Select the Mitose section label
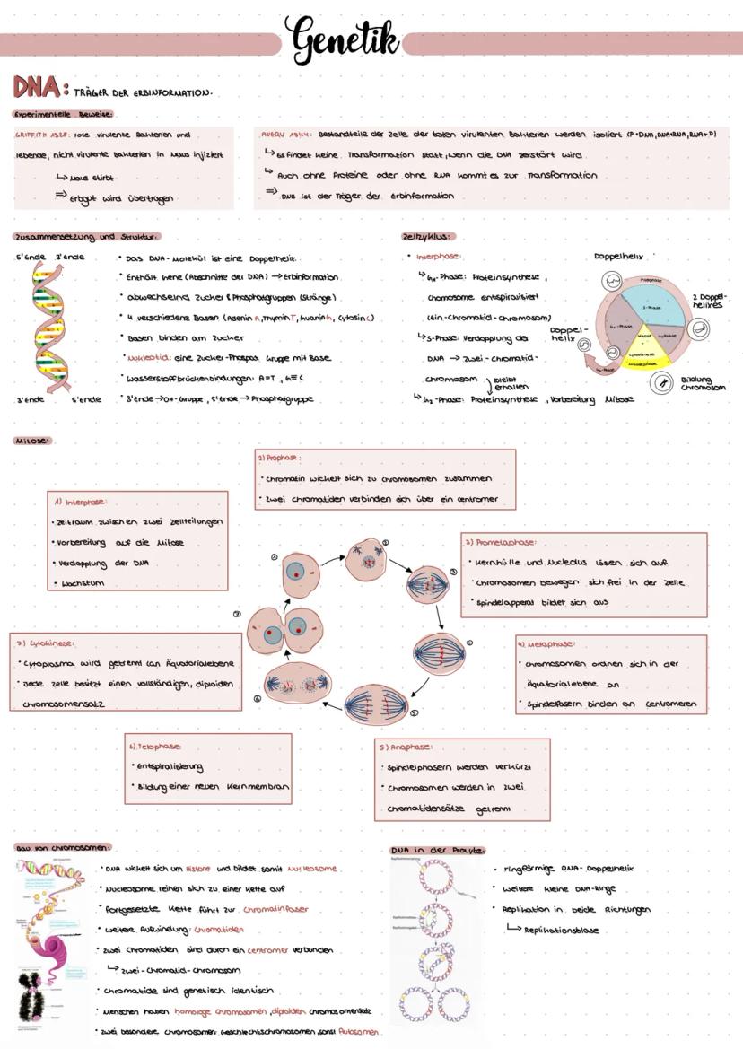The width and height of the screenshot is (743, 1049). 33,441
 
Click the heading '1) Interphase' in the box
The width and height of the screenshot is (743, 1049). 81,502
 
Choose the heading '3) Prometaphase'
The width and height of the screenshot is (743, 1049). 501,542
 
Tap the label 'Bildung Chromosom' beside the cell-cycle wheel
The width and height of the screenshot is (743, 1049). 703,383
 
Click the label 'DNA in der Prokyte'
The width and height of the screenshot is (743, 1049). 437,850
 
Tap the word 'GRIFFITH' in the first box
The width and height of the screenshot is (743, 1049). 30,135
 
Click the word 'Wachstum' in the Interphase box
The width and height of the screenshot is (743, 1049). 83,583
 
